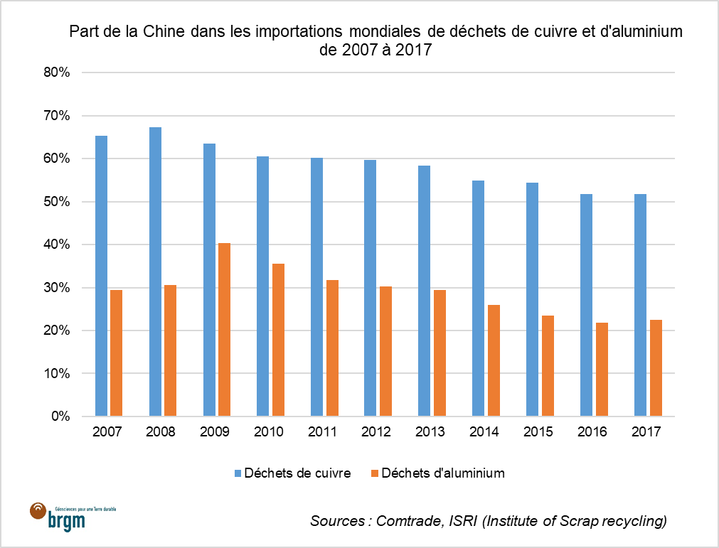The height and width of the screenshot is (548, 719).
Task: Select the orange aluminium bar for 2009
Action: coord(224,330)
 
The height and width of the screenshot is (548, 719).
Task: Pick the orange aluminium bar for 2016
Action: coord(601,370)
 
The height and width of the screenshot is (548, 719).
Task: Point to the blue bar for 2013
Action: coord(424,291)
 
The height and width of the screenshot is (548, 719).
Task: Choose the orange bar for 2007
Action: coord(117,353)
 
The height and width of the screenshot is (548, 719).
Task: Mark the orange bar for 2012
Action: coord(385,351)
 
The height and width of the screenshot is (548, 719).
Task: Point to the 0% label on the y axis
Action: coord(60,417)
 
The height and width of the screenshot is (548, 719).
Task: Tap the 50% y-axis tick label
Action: coord(57,202)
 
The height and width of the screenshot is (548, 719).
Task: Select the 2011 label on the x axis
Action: coord(324,432)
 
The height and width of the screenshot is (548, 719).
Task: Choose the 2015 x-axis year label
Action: coord(539,432)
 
